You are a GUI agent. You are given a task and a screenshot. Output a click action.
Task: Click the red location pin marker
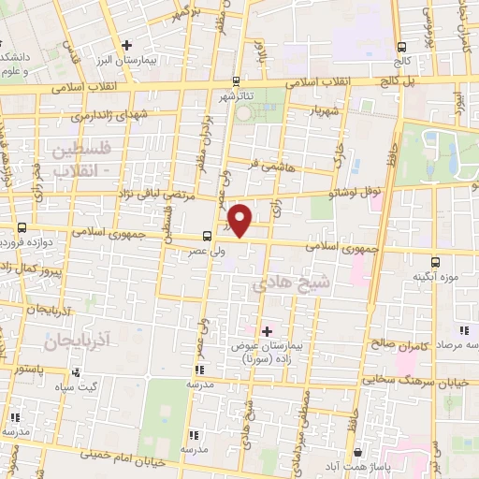(x=240, y=220)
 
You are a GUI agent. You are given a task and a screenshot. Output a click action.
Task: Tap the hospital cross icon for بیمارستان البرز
(x=127, y=44)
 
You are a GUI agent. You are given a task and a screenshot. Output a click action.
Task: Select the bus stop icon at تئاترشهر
(x=236, y=80)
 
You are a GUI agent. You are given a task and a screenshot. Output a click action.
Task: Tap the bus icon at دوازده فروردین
(x=22, y=226)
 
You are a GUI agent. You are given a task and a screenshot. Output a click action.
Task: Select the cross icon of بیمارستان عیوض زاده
(x=268, y=330)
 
